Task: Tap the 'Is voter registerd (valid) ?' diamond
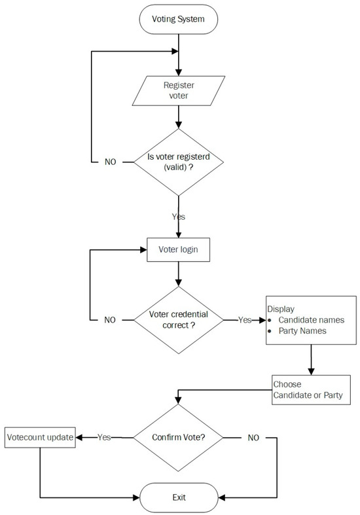(179, 162)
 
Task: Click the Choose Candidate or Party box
(308, 390)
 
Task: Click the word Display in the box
(280, 308)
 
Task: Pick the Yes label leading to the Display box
(244, 320)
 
